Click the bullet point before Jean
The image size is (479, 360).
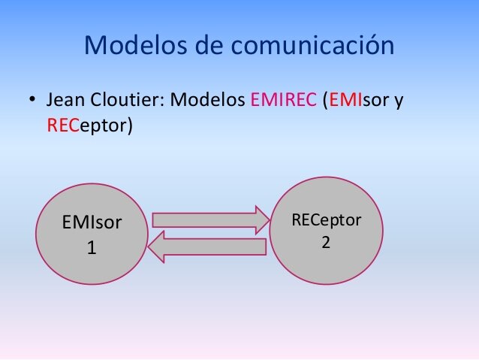32,101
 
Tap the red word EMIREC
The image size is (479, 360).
282,100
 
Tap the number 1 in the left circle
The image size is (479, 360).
92,247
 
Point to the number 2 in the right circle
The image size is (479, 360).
326,243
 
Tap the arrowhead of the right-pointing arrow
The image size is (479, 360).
259,219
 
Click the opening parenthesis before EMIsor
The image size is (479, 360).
324,101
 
